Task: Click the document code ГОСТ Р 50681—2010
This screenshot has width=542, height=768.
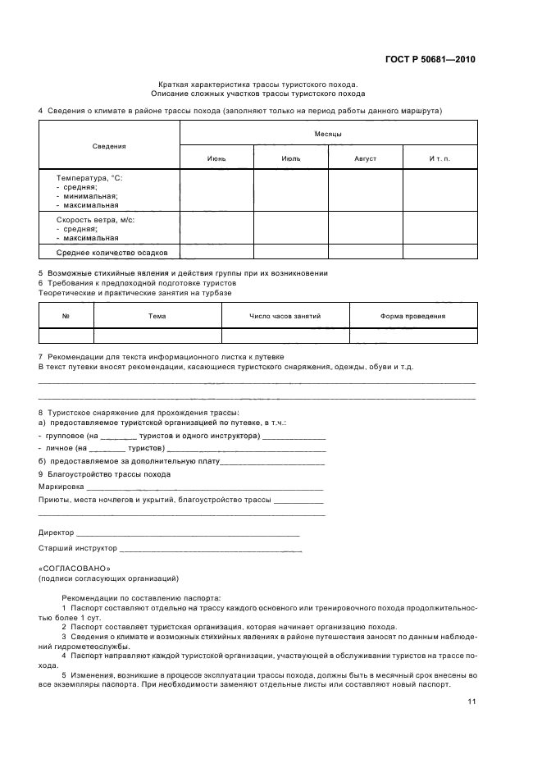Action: click(430, 60)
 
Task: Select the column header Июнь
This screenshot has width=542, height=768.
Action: click(216, 158)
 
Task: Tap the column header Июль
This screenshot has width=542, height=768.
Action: click(290, 158)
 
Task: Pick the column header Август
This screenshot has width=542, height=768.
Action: click(365, 158)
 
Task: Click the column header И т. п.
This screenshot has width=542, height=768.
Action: click(440, 158)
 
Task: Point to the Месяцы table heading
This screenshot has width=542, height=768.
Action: click(328, 133)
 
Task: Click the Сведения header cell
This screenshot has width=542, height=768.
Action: click(109, 145)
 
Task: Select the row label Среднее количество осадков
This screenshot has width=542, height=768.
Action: click(112, 253)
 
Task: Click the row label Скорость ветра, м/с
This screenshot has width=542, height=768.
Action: click(95, 220)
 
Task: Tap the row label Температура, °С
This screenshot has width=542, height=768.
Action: click(89, 178)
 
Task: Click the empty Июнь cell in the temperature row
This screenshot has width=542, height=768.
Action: click(216, 190)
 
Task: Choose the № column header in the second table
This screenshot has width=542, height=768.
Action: click(66, 316)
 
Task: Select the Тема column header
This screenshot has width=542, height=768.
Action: click(157, 316)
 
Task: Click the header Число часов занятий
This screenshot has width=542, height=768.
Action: click(285, 316)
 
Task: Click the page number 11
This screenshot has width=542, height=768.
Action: click(471, 702)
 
